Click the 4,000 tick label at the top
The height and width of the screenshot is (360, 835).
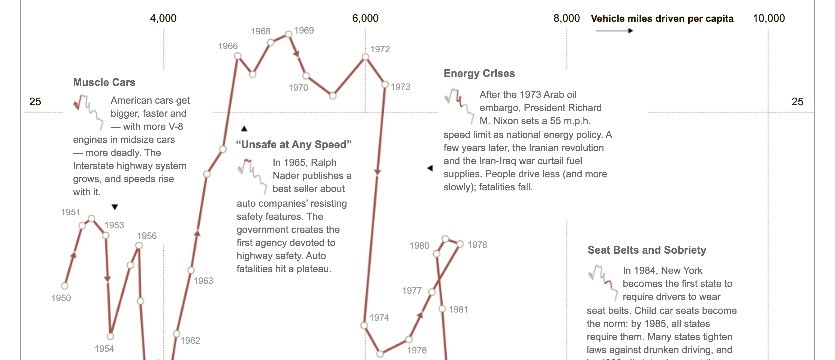(163, 18)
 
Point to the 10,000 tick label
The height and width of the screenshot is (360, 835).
(768, 18)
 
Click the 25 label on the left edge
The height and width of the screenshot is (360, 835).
(35, 101)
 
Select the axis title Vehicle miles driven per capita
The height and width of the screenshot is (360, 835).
(662, 19)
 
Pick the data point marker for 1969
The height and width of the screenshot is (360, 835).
(289, 34)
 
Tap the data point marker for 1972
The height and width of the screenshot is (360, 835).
(365, 57)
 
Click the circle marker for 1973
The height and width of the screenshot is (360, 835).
(385, 85)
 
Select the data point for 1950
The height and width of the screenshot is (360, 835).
(65, 286)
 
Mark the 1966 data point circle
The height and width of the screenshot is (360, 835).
(238, 56)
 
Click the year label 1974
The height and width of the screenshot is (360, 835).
(379, 317)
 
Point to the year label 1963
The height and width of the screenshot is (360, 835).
(203, 281)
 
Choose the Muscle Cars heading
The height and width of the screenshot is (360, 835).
(104, 82)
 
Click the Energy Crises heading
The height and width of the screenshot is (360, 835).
(479, 73)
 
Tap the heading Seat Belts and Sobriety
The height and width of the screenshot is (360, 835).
(647, 250)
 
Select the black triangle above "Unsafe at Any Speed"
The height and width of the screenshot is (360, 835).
(244, 129)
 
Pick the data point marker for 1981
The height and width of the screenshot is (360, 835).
(442, 309)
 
